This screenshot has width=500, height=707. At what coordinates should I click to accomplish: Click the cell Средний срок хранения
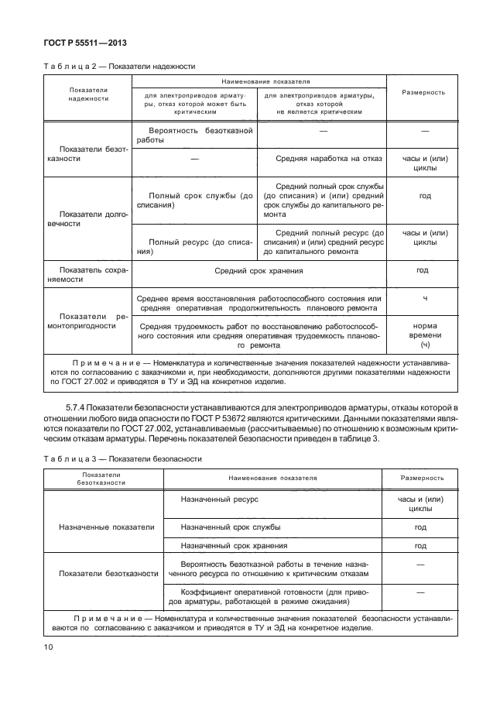coord(259,271)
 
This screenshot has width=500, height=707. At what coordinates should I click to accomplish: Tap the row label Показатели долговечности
coord(87,218)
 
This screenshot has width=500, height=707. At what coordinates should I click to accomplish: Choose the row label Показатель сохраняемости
coord(87,274)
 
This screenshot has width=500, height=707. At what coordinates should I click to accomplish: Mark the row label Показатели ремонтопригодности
coord(87,321)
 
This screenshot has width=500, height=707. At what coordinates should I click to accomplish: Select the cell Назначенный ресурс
coord(219,499)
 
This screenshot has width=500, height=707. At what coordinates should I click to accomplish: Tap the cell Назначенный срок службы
coord(230,527)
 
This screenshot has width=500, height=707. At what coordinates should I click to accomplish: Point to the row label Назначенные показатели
coord(106,527)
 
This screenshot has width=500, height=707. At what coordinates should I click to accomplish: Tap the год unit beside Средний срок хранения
coord(422,271)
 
